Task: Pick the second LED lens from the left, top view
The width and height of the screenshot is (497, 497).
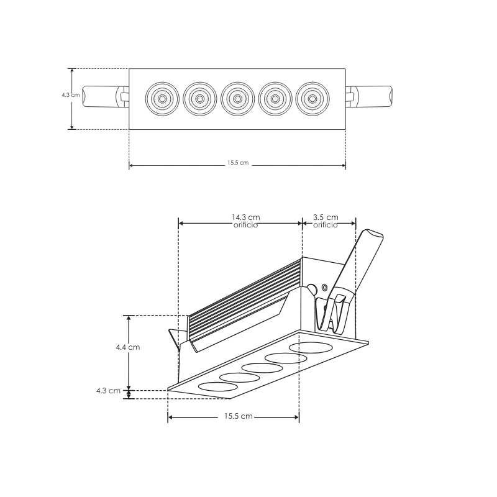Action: tap(198, 98)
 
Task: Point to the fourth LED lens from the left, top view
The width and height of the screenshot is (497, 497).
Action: tap(274, 98)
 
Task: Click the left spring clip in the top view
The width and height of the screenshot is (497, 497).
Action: tap(103, 97)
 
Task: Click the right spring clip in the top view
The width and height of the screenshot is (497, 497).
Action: tap(370, 97)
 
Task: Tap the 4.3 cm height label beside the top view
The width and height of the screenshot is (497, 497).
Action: tap(70, 95)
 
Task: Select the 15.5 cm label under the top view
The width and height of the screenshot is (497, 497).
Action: tap(237, 163)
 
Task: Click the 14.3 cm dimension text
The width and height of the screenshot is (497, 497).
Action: tap(245, 217)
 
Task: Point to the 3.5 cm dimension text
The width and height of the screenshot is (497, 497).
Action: tap(326, 217)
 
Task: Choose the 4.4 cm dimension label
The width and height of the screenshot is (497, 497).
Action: tap(127, 347)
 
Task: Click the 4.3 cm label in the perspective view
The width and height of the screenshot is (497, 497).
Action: tap(108, 391)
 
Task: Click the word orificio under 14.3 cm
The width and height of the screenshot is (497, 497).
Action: tap(245, 226)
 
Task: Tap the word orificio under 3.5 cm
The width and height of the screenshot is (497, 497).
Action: tap(326, 226)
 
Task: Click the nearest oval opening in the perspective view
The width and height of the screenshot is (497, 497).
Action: tap(217, 386)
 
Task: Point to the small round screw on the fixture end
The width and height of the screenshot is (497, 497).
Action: tap(325, 288)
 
